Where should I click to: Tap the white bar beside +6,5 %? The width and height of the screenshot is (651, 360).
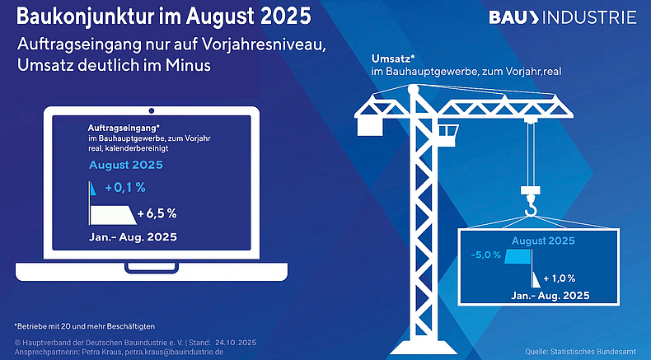click(x=111, y=213)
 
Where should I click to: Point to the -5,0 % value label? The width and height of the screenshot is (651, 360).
click(x=485, y=255)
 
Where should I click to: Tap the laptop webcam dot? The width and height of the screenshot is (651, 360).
click(x=151, y=110)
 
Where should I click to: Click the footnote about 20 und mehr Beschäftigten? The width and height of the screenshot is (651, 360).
click(x=85, y=326)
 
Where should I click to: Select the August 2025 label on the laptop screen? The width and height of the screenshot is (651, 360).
click(x=125, y=164)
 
